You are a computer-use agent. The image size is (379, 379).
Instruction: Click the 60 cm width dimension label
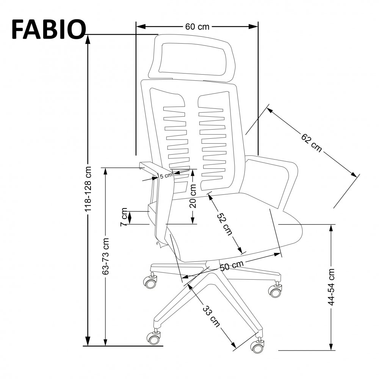(x=197, y=27)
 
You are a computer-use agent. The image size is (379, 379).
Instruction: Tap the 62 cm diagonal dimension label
(x=312, y=143)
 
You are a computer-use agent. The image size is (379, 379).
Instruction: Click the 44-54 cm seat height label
(x=332, y=287)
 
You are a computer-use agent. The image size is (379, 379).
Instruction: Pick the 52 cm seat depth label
(x=224, y=224)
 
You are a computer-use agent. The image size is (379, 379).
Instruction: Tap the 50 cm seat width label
(x=232, y=266)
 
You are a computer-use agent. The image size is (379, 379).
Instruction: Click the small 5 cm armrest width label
(x=166, y=176)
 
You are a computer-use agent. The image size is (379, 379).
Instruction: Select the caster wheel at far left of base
(x=150, y=282)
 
